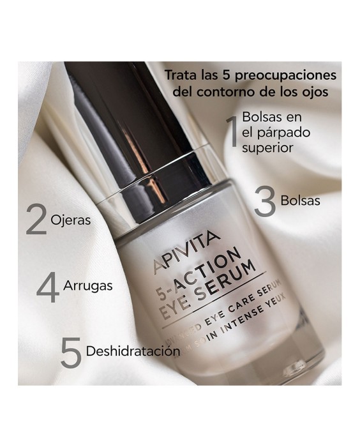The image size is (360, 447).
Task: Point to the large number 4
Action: (x=48, y=287)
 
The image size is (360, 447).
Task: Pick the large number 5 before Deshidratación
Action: (x=70, y=352)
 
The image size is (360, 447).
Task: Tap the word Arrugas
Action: (x=88, y=285)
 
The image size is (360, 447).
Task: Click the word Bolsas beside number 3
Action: (x=300, y=200)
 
